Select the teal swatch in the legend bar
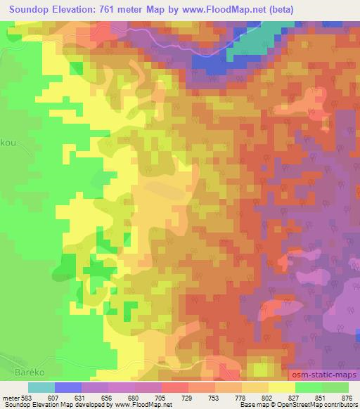click(x=41, y=387)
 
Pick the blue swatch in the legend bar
click(x=68, y=387)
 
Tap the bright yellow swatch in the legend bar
click(x=282, y=387)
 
